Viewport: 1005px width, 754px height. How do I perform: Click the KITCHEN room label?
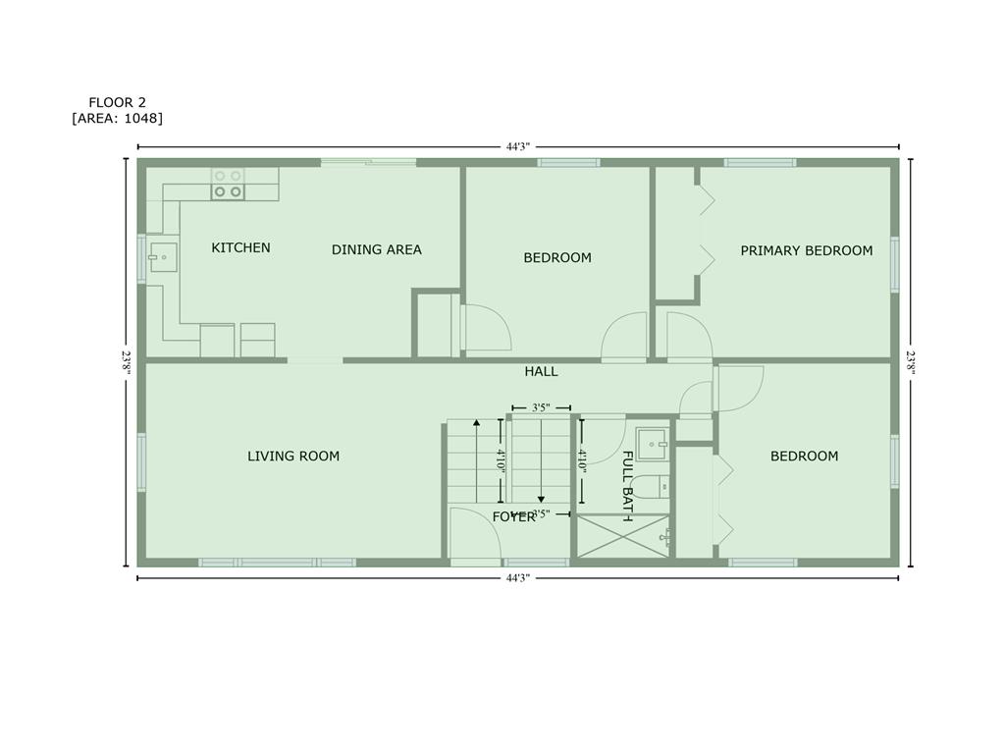[241, 247]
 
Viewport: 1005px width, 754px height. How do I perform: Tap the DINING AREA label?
[376, 249]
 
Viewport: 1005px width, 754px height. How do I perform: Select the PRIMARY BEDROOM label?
[807, 250]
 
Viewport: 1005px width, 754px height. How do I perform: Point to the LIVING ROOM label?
[293, 456]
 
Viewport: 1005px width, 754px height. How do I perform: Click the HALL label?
[541, 371]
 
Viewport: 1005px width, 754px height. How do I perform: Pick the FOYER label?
[513, 516]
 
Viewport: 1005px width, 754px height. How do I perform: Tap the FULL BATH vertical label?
[628, 486]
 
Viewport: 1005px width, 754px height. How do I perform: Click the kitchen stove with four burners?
[228, 184]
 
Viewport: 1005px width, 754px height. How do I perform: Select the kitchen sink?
[163, 257]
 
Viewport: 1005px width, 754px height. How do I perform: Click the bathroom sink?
[653, 444]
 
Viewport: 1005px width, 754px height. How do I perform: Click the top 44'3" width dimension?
[518, 147]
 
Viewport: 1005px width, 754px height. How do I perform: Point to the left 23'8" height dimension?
[127, 362]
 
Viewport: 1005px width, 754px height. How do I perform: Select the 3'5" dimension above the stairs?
[541, 407]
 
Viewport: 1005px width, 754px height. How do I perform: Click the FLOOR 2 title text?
[118, 102]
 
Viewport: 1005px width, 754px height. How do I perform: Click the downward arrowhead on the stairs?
[541, 500]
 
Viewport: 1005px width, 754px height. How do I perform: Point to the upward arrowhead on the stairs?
[476, 422]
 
